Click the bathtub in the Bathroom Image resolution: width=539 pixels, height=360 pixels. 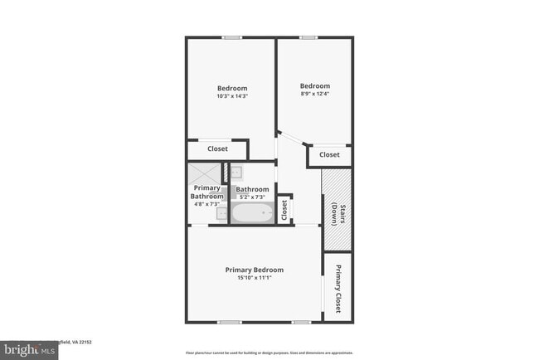pos(252,214)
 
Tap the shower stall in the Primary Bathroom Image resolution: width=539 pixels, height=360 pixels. pos(203,175)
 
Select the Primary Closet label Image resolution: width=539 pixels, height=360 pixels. pos(338,288)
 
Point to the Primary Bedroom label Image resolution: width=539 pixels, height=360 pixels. pos(255,270)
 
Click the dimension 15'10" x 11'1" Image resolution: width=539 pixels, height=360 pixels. pos(255,278)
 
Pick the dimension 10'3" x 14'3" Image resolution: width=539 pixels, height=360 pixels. pos(232,96)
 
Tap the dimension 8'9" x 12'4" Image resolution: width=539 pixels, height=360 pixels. pos(314,94)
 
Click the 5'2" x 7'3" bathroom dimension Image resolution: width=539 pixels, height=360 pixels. pos(254,197)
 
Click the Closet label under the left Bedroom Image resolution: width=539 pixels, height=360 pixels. pos(217,149)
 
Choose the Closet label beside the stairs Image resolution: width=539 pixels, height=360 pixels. pos(329,155)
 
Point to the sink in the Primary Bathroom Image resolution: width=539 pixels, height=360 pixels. pos(222,214)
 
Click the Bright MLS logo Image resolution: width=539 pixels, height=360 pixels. pos(30,350)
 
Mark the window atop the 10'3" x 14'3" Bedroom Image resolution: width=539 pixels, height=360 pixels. pos(232,37)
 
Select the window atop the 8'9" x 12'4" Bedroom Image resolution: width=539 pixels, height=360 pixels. pos(308,37)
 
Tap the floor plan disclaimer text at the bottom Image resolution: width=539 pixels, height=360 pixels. pos(269,352)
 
